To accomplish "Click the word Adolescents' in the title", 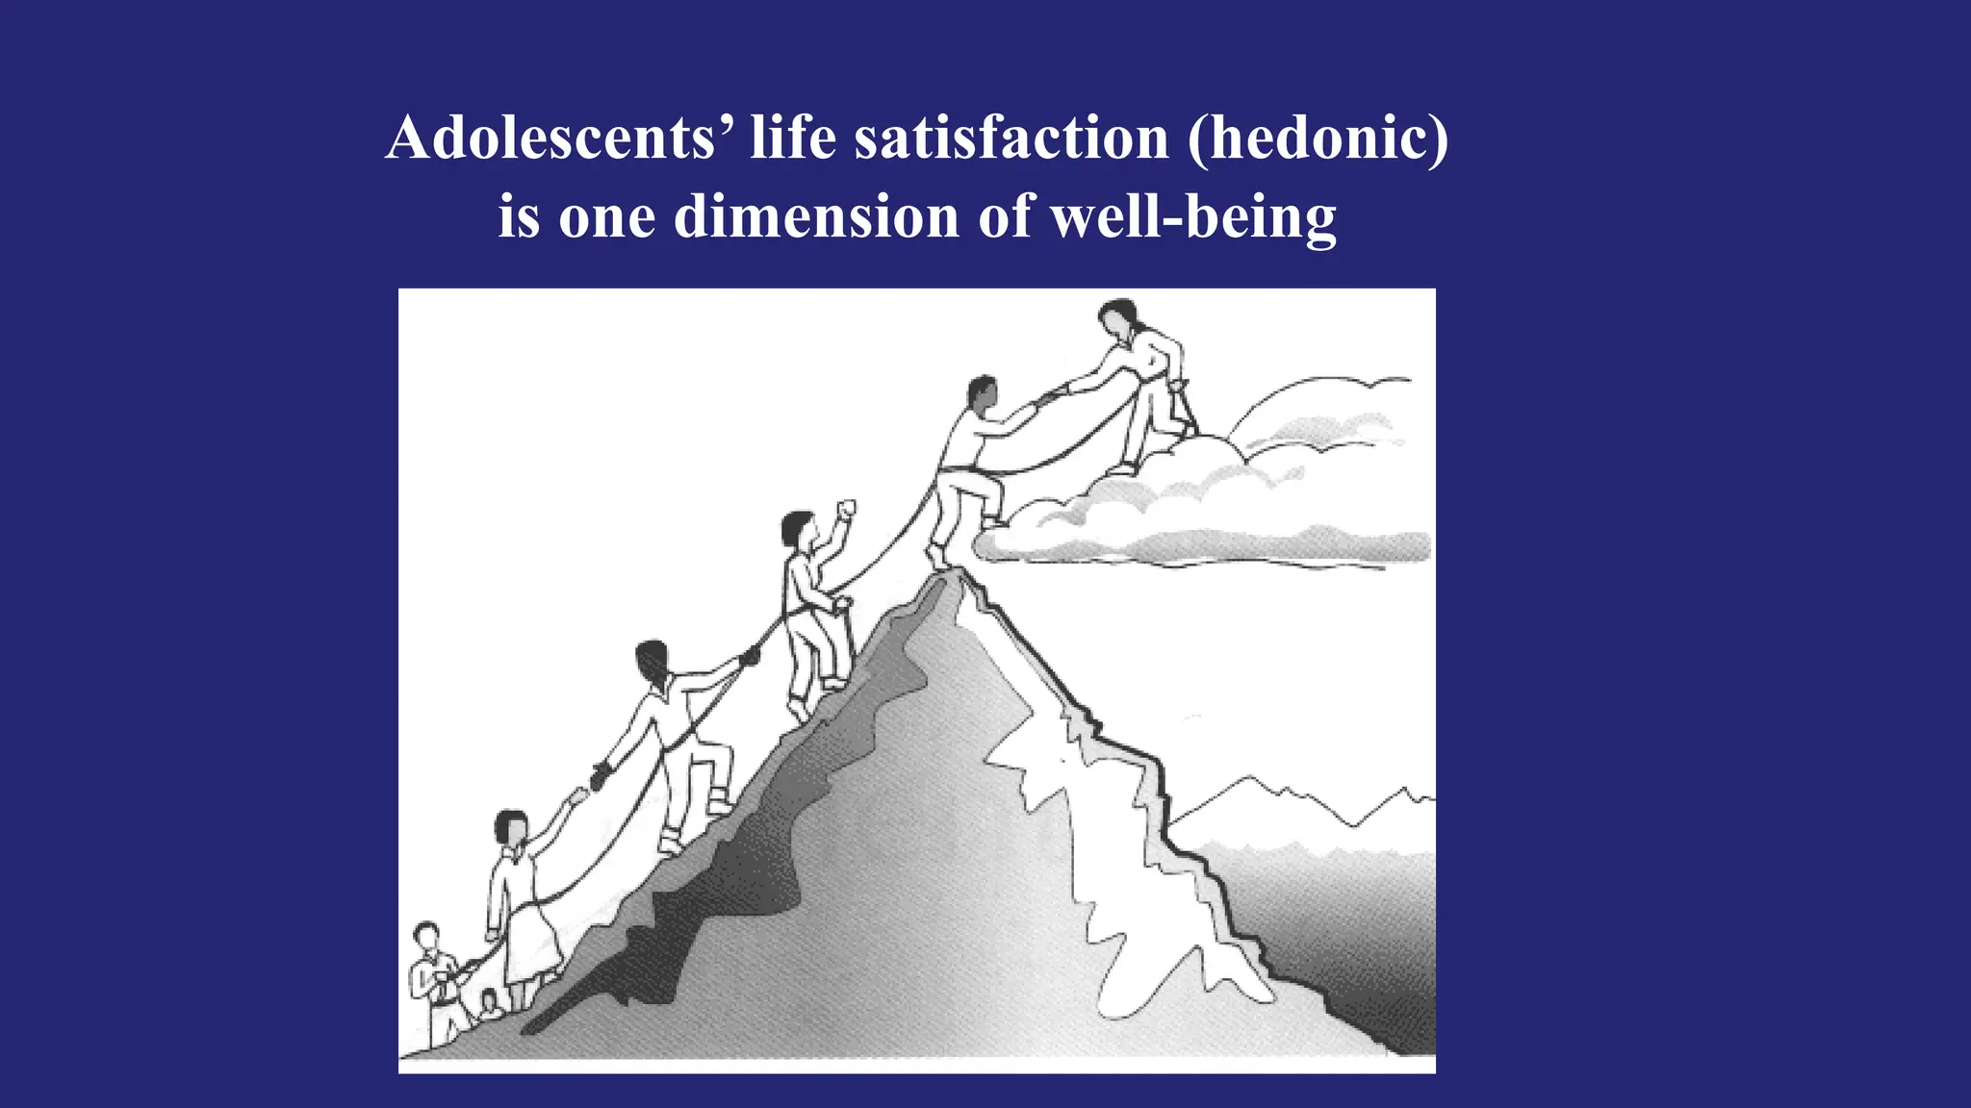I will point(550,138).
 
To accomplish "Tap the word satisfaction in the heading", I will point(1011,138).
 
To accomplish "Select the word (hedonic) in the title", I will point(1318,138).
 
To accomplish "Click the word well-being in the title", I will point(1193,216).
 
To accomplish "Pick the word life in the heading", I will point(793,138).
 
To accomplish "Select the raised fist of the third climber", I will point(846,509).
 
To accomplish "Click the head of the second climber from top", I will point(981,393).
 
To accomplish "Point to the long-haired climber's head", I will point(653,662).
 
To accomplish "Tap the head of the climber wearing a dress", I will point(511,827).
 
